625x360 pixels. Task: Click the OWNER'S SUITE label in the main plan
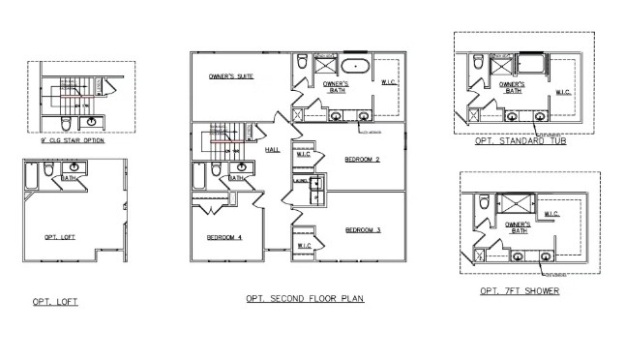232,75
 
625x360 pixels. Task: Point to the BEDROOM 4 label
223,237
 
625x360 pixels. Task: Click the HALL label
273,150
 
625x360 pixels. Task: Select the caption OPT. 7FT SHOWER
519,290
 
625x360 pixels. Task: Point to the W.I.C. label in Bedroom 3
304,246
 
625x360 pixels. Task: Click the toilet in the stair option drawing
64,123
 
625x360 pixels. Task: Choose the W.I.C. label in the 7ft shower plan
551,214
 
